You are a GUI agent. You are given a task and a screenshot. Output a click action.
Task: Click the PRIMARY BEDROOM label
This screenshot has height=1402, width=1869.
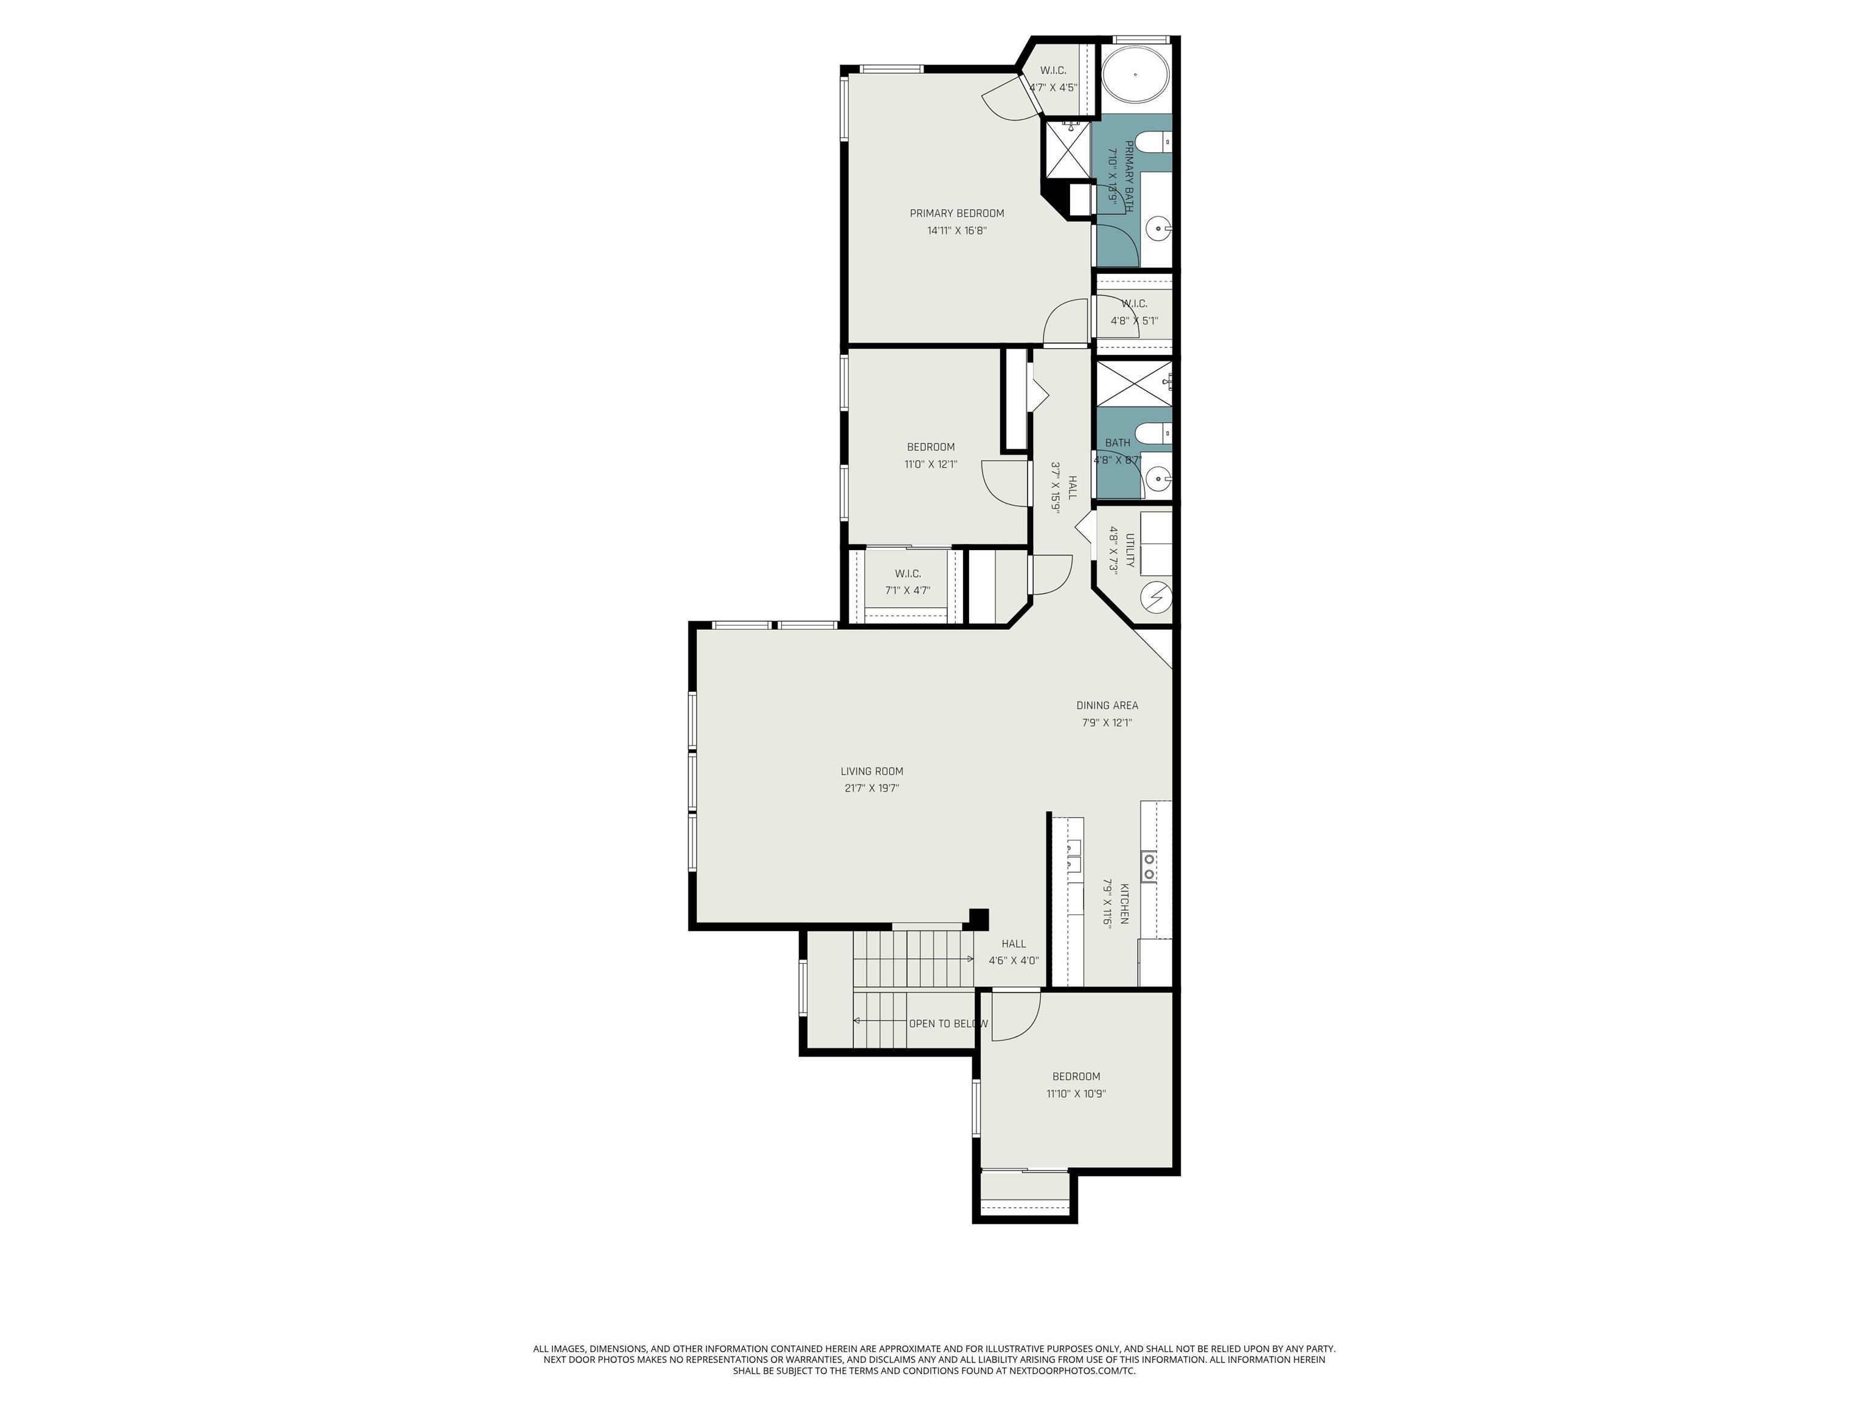click(956, 213)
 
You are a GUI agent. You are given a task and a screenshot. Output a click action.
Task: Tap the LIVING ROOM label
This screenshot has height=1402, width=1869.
click(872, 771)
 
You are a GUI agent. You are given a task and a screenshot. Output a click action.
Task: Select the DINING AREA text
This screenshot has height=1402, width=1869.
click(1107, 705)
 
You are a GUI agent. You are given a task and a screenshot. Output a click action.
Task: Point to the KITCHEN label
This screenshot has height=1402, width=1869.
click(1124, 904)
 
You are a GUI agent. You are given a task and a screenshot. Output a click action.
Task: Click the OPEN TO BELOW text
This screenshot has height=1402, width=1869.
click(948, 1024)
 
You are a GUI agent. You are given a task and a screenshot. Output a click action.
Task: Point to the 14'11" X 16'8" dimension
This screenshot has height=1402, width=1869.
click(956, 230)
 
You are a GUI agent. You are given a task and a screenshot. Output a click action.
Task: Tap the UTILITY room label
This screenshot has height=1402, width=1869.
click(1130, 550)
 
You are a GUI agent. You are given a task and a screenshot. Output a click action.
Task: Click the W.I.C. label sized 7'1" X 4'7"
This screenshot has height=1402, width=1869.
click(908, 574)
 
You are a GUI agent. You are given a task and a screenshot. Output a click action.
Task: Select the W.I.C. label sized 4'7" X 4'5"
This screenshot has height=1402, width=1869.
click(1053, 70)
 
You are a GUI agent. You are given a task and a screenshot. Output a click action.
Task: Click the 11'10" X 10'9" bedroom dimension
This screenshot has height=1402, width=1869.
click(1076, 1093)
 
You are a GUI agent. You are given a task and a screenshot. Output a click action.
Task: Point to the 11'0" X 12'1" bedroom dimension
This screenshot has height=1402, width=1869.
click(930, 464)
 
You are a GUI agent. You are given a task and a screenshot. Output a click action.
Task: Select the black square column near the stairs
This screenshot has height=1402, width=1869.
click(978, 919)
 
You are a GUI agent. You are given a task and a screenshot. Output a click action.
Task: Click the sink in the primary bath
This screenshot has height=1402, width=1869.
click(1158, 228)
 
